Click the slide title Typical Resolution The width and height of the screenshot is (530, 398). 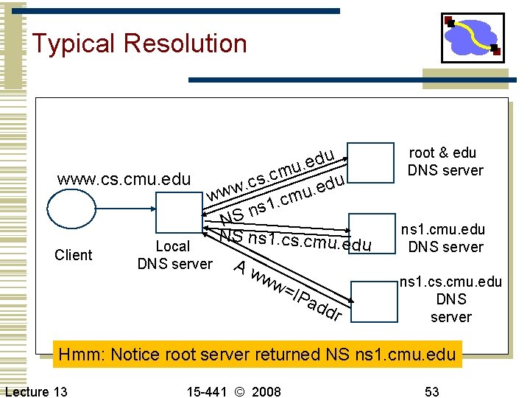tap(139, 43)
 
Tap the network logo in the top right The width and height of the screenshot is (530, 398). tap(472, 37)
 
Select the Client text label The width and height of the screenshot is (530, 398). tap(74, 255)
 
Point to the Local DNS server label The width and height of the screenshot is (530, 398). tap(174, 255)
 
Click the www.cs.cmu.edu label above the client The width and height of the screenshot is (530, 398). tap(124, 179)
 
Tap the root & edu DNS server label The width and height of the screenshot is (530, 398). tap(445, 161)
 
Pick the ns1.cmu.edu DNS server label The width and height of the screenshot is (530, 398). tap(445, 237)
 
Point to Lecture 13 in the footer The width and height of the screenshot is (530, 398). tap(36, 391)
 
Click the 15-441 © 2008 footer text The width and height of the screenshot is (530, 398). tap(235, 391)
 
